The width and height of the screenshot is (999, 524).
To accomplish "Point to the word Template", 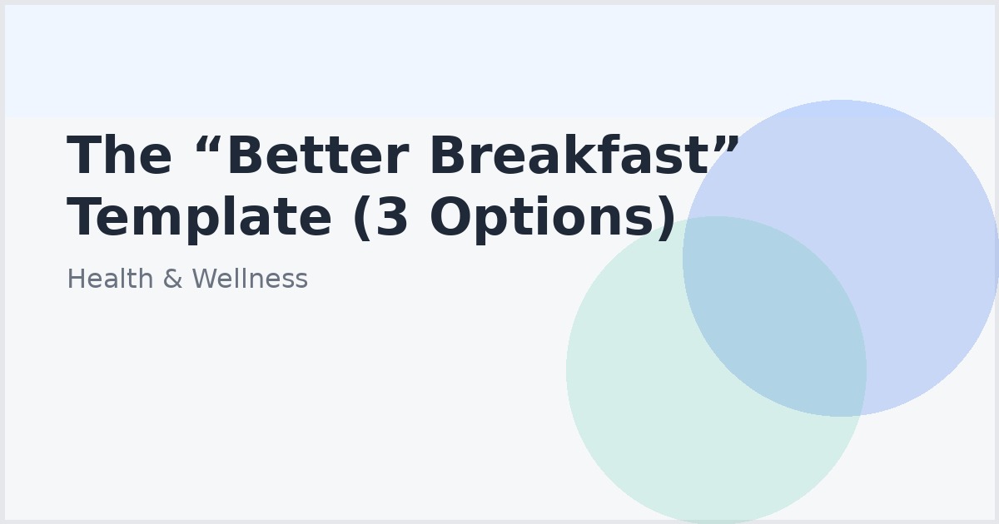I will point(199,218).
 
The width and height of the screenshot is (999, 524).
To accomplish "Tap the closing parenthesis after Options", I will point(667,220).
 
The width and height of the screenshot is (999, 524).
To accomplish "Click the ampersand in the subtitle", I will point(171,279).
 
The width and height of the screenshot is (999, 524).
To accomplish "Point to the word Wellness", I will point(249,279).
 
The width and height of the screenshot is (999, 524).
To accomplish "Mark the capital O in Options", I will point(453,218).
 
